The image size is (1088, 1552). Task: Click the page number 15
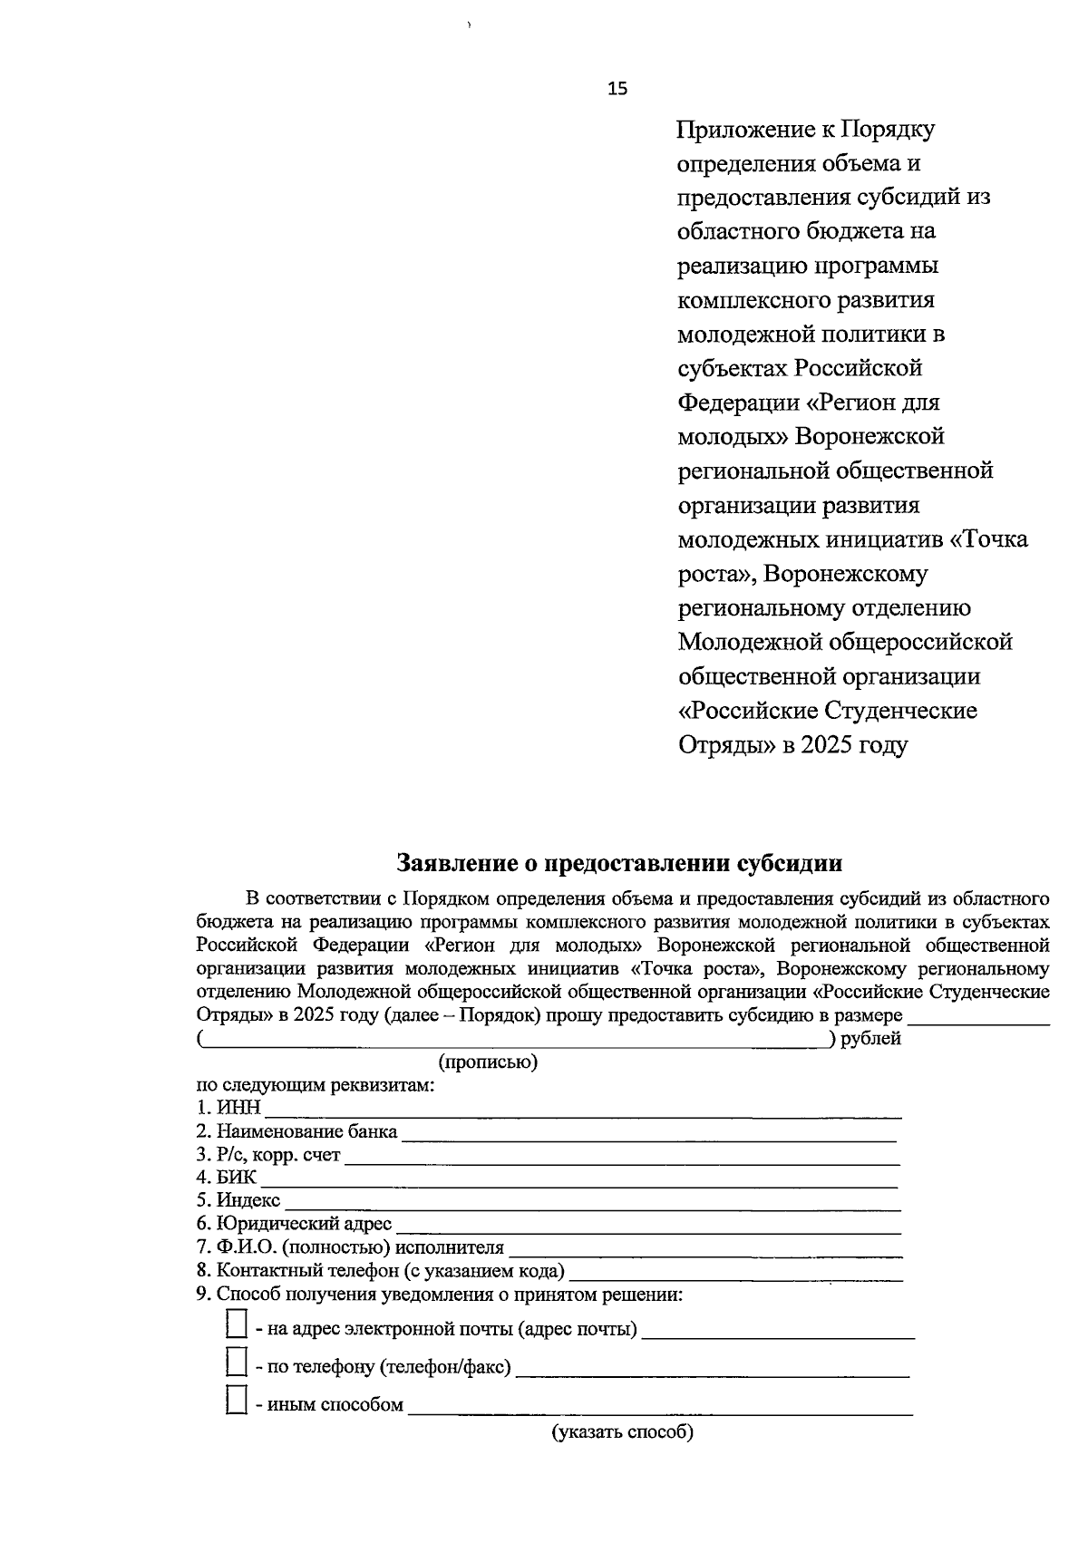[x=617, y=88]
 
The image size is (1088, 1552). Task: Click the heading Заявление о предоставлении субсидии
[x=619, y=862]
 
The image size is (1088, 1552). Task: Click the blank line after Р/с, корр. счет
[x=622, y=1157]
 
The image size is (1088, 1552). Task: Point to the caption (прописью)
[x=488, y=1062]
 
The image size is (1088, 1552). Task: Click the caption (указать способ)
[x=623, y=1432]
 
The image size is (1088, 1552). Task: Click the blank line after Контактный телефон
[x=734, y=1273]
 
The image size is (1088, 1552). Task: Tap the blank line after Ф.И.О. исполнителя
[x=705, y=1250]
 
